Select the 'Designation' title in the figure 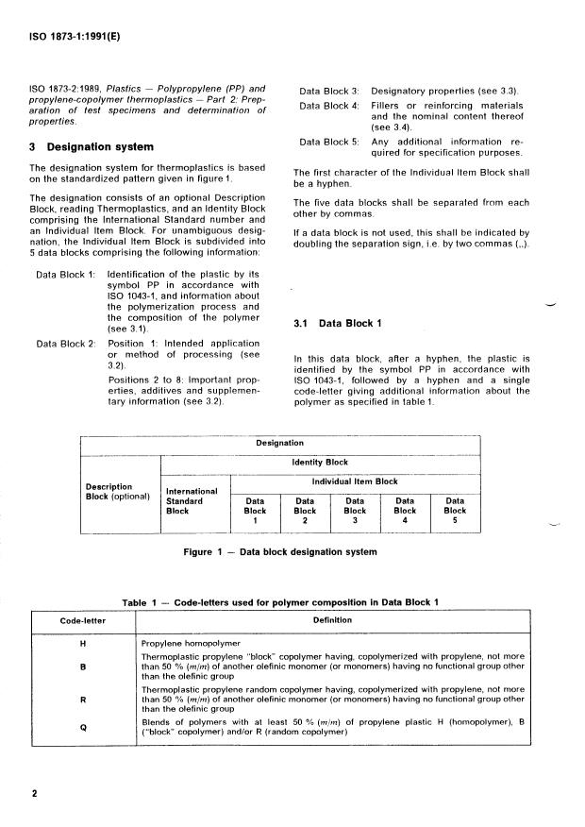click(280, 442)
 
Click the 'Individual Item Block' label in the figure click(355, 481)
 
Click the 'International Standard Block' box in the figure click(192, 500)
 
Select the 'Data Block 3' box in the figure click(355, 511)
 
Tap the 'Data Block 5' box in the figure click(455, 511)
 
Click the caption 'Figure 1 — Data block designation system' click(279, 552)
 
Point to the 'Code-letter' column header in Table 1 click(83, 620)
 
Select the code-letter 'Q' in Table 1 click(83, 728)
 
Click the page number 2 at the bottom click(35, 794)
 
